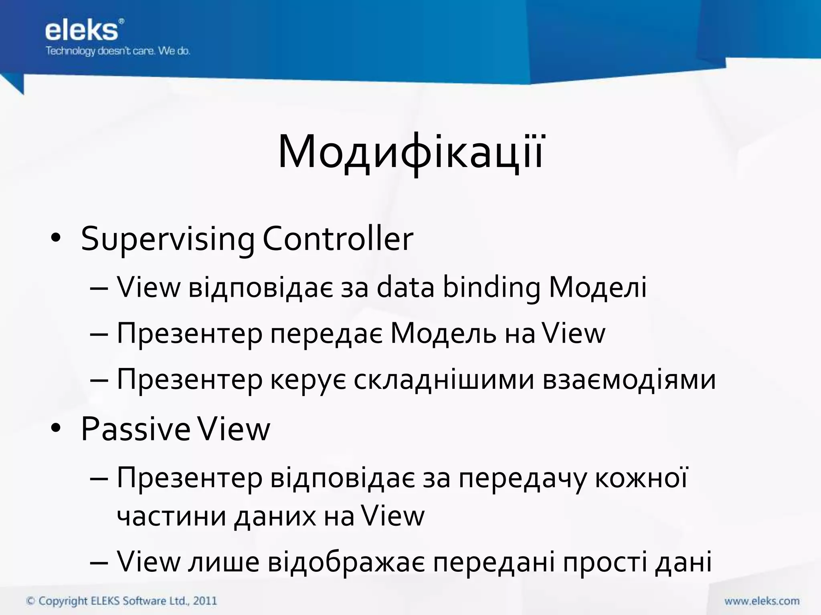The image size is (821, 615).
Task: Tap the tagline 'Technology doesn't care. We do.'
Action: [117, 51]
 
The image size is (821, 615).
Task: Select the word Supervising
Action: [168, 239]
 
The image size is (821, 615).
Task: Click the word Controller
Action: [338, 239]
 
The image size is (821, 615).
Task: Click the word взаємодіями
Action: [629, 379]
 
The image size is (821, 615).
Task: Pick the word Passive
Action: [135, 429]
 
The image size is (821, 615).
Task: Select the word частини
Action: [172, 516]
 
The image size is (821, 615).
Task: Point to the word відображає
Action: [346, 562]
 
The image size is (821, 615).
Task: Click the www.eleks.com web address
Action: [762, 601]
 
